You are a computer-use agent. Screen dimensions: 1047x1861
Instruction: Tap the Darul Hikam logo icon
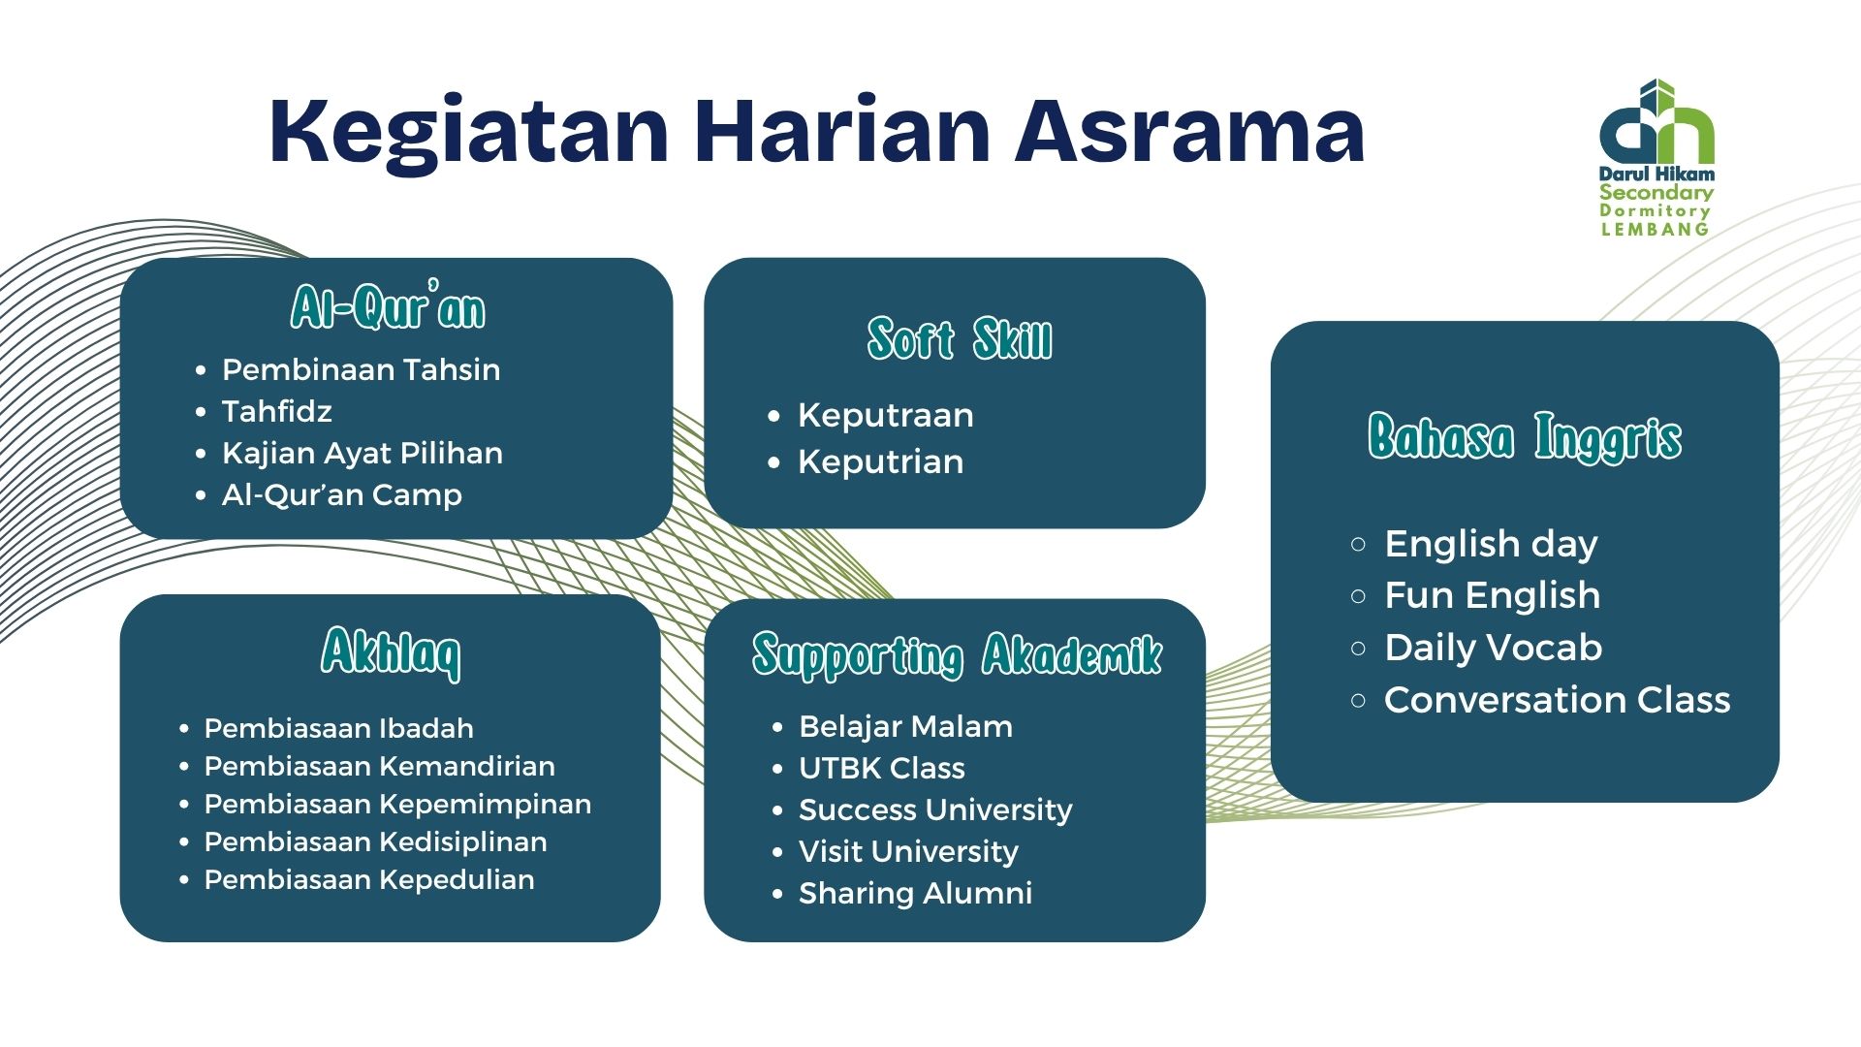(1656, 124)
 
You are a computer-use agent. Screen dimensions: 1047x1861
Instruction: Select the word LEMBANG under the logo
(1655, 230)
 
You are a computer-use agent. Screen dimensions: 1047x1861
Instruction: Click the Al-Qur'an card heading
(389, 308)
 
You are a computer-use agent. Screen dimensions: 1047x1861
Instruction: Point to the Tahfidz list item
(277, 411)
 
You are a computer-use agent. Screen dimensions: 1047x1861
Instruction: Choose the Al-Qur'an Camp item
(341, 494)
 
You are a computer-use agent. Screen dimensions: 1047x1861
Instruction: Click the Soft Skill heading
(959, 339)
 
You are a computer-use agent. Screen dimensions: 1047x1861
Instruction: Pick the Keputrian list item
(880, 461)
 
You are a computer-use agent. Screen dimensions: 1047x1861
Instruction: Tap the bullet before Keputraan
(773, 416)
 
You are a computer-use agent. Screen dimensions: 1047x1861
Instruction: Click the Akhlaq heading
(391, 651)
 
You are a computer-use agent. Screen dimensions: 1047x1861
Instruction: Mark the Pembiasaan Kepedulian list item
(368, 879)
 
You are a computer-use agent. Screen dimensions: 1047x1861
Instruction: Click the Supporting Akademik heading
(957, 654)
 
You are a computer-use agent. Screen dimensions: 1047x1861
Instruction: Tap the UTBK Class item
(881, 768)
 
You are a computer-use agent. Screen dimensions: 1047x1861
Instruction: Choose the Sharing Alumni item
(915, 893)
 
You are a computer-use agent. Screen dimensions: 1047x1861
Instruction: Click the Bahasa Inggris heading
(1524, 437)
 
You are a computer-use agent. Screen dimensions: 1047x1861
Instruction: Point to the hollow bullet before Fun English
(1358, 596)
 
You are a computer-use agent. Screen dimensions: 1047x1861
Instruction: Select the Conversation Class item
(1557, 700)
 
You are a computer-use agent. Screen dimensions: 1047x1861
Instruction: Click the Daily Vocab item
(1493, 648)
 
